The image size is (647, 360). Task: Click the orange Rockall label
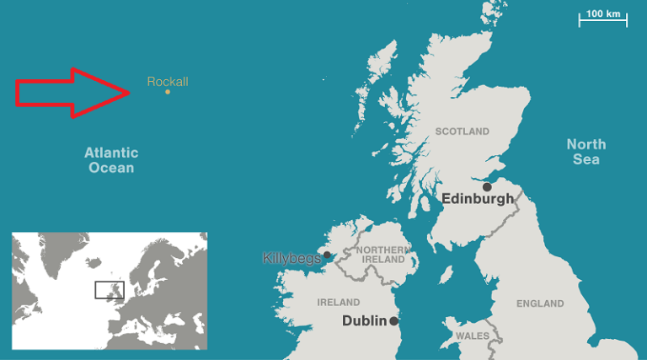168,82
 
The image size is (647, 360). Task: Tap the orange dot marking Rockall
168,92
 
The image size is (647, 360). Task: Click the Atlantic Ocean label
111,160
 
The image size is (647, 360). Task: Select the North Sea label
586,152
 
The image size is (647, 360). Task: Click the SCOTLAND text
462,132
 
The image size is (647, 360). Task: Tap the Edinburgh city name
477,200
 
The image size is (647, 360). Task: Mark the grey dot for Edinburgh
487,187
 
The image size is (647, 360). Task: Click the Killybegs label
291,258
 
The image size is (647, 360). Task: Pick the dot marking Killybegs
327,254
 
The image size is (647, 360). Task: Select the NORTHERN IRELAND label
384,255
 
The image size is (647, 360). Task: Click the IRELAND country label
338,302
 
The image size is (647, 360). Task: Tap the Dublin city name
364,321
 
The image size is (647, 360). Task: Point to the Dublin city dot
393,321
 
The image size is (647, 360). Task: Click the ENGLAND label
540,304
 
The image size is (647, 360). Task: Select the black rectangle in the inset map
110,290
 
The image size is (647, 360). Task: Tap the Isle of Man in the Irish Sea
447,274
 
